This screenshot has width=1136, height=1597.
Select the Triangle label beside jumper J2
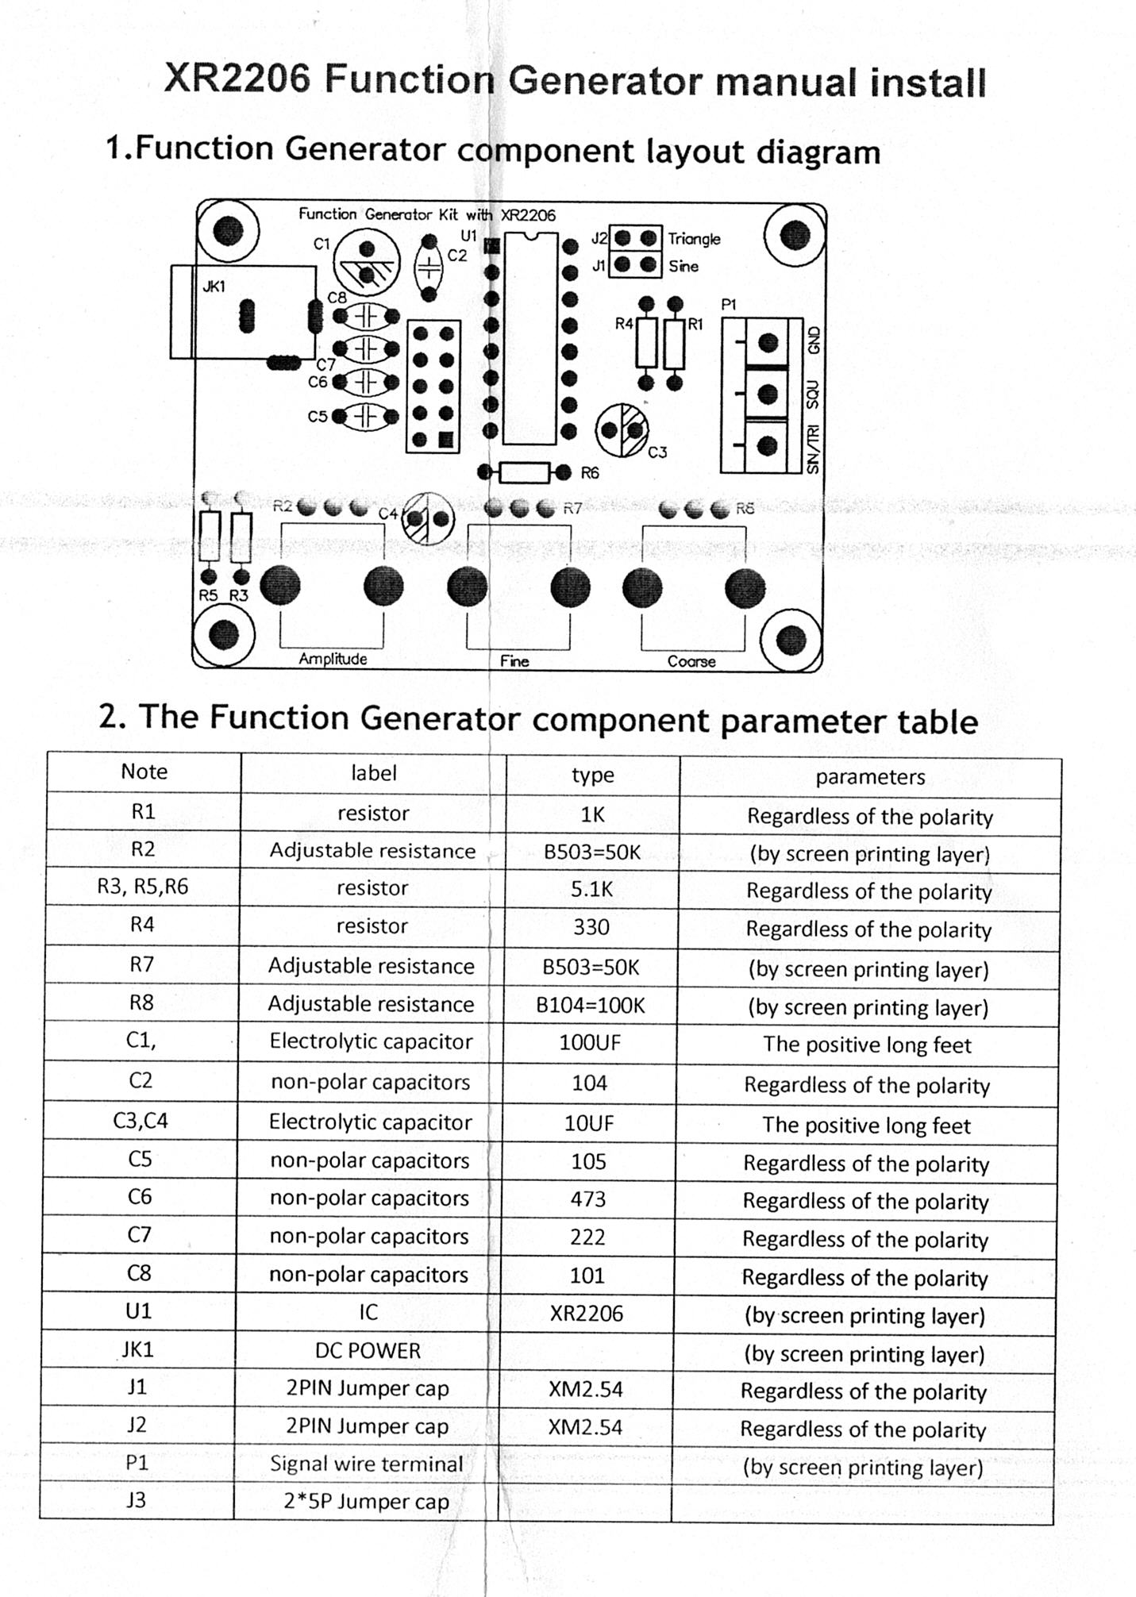(x=694, y=239)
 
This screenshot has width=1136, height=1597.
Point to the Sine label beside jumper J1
(x=683, y=266)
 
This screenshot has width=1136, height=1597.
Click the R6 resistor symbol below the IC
(x=524, y=473)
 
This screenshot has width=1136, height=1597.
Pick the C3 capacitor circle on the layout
(x=622, y=430)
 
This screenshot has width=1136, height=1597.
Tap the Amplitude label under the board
(x=333, y=659)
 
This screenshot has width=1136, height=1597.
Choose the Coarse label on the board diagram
(x=691, y=661)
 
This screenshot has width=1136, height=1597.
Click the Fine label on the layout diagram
(x=514, y=661)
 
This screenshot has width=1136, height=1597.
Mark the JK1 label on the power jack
(x=214, y=287)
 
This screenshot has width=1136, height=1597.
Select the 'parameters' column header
(x=870, y=777)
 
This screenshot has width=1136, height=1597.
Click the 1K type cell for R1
(x=592, y=814)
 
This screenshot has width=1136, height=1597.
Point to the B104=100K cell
(x=591, y=1006)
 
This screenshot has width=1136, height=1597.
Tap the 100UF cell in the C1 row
(x=589, y=1043)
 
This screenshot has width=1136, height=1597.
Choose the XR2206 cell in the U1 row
(x=587, y=1313)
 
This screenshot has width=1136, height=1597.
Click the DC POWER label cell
(x=368, y=1350)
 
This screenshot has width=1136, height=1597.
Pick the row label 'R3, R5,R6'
(x=143, y=887)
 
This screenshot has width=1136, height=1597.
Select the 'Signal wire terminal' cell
(x=366, y=1464)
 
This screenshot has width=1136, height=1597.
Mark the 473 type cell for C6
(x=588, y=1199)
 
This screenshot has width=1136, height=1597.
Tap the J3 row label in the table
(x=137, y=1500)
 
